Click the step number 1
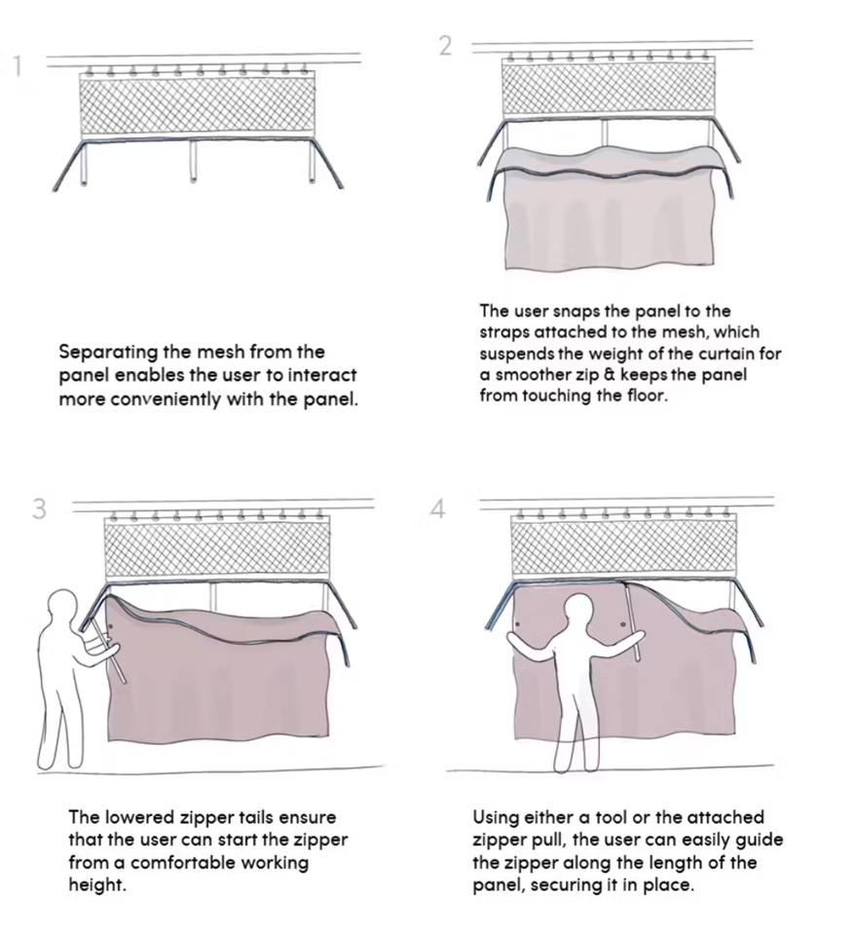coord(18,66)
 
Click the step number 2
coord(445,46)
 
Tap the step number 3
coord(39,508)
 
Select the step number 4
coord(437,508)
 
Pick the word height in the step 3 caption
coord(97,884)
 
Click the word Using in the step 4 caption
coord(496,817)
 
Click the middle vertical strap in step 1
coord(194,161)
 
